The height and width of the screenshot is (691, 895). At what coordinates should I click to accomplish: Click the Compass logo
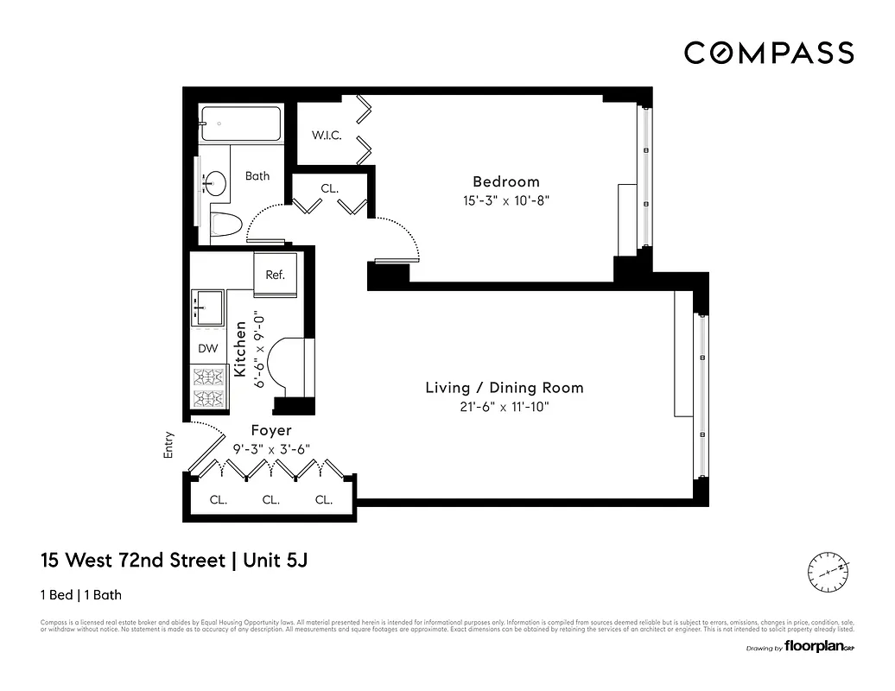point(769,54)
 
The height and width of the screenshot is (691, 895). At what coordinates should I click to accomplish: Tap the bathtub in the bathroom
point(240,124)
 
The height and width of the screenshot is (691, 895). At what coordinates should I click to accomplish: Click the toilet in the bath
point(226,225)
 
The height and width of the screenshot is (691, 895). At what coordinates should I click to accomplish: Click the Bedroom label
point(505,181)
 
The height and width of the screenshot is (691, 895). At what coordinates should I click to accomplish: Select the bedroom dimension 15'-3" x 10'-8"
point(505,200)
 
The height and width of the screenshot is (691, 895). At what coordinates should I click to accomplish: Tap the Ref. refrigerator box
point(275,275)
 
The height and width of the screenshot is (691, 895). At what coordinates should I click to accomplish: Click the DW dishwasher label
point(207,348)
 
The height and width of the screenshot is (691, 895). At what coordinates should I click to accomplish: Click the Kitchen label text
point(240,349)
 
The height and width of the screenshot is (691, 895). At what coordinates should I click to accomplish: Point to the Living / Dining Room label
point(505,388)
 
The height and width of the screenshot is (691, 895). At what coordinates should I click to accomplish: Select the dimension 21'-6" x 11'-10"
point(505,407)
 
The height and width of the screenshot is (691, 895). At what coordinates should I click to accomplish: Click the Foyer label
point(270,430)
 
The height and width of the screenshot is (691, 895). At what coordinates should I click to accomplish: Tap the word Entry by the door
point(168,444)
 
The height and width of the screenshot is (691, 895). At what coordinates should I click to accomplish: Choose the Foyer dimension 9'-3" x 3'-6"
point(270,449)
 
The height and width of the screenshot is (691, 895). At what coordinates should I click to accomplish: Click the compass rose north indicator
point(828,571)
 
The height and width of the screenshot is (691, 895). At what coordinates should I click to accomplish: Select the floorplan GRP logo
point(809,646)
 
